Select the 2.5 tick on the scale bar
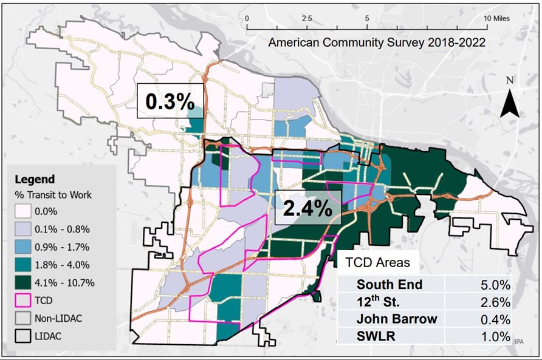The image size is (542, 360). pos(307,19)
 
